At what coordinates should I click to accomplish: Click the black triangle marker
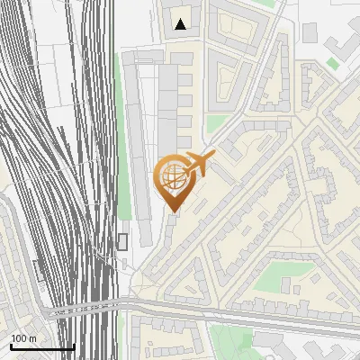181,24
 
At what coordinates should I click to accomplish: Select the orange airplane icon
199,165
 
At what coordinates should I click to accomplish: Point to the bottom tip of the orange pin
173,212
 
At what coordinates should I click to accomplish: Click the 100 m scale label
23,338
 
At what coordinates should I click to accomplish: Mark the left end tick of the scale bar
11,346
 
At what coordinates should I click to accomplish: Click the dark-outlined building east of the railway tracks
122,241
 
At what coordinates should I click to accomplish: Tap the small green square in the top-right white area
333,63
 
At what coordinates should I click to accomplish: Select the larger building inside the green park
286,287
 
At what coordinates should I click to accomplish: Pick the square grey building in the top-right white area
310,32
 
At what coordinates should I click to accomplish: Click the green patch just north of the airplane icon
216,123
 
